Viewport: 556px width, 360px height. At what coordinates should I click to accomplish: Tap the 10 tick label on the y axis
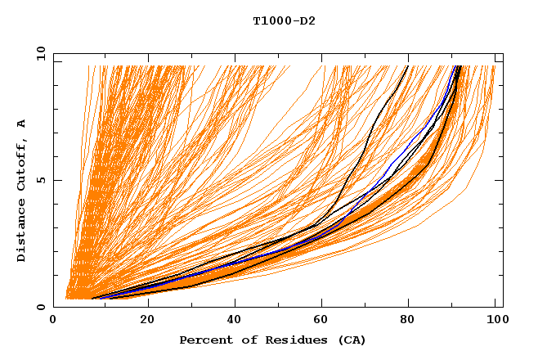pos(38,53)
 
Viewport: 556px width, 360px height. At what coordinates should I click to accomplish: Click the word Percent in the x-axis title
pos(204,340)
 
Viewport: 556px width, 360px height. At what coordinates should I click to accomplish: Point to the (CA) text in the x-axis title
pos(351,340)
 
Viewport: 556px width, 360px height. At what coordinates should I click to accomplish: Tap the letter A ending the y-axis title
pos(21,123)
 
